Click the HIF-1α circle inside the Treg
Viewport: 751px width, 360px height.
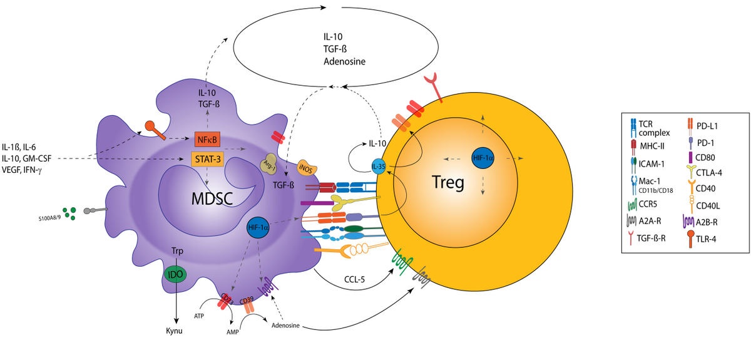[482, 160]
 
